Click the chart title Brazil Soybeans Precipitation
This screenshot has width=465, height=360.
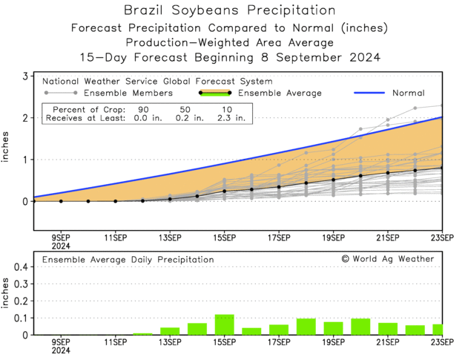[x=229, y=10]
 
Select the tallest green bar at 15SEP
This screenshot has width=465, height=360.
[x=224, y=324]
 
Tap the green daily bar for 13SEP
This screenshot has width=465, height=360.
[x=170, y=331]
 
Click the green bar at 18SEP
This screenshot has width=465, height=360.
[x=306, y=327]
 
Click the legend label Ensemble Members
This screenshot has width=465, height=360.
[x=128, y=94]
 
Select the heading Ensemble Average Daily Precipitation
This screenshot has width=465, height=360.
[x=128, y=260]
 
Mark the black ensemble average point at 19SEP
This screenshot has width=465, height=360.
[x=333, y=180]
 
